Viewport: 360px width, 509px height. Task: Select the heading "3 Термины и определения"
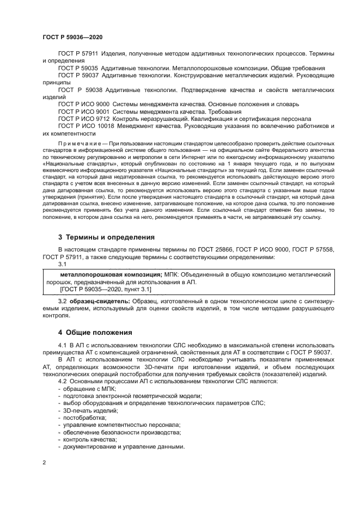tap(107, 237)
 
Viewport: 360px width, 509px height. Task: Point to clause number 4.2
tap(63, 381)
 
